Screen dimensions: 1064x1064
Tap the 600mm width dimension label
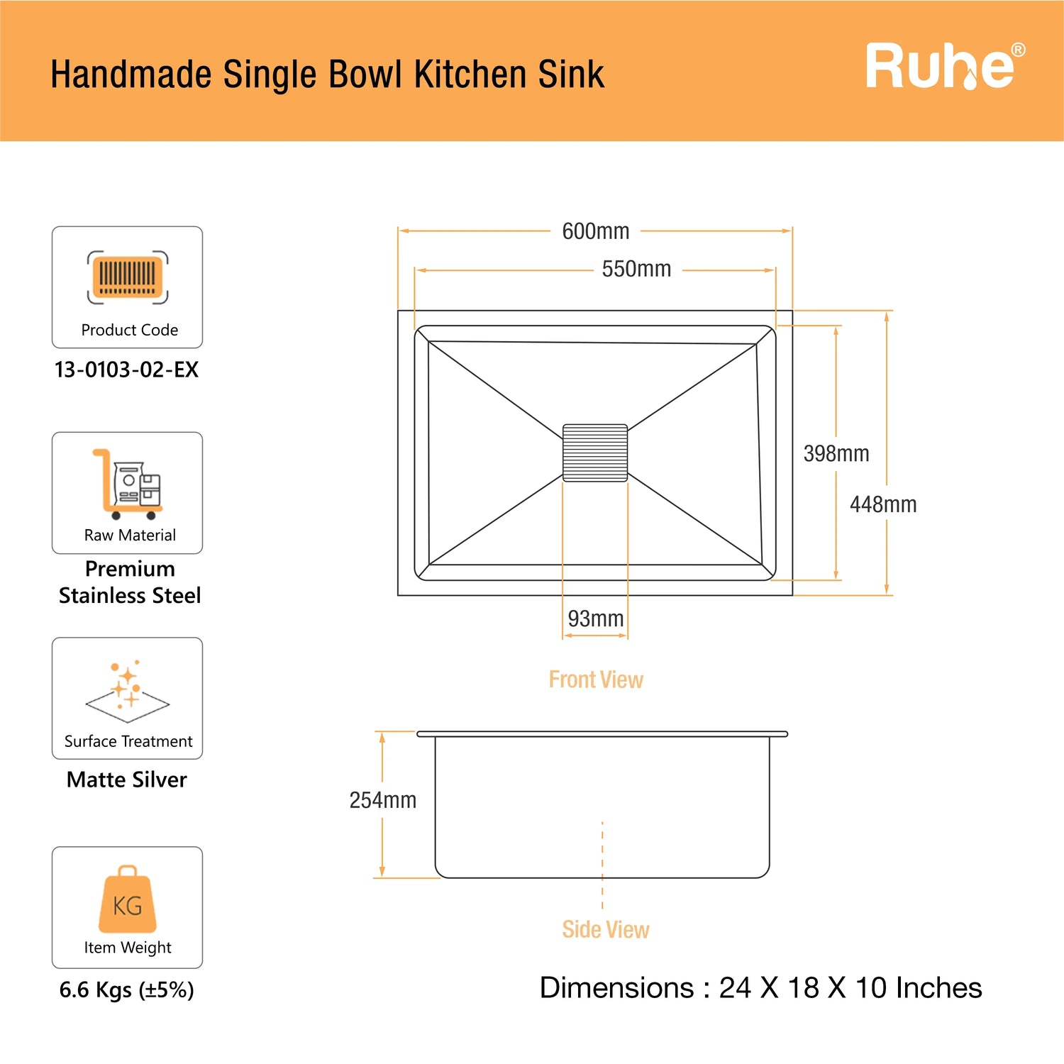(x=596, y=231)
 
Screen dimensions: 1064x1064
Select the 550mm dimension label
(x=636, y=269)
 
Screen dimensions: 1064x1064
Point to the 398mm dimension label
(x=836, y=453)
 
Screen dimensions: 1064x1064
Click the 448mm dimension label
(x=883, y=504)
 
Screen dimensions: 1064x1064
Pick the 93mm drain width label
(x=596, y=619)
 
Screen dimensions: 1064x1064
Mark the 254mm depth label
(x=383, y=800)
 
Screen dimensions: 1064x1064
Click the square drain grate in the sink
(x=595, y=453)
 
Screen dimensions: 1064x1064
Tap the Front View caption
(x=596, y=680)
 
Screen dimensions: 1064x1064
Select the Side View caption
(x=606, y=929)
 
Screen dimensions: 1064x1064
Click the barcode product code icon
(x=128, y=277)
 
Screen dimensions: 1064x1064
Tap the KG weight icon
(x=128, y=899)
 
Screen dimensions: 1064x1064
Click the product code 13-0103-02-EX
(x=127, y=370)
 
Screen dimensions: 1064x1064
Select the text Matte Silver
(x=127, y=780)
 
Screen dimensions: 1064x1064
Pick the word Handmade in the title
(x=131, y=74)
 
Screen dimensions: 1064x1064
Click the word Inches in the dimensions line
(x=939, y=988)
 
